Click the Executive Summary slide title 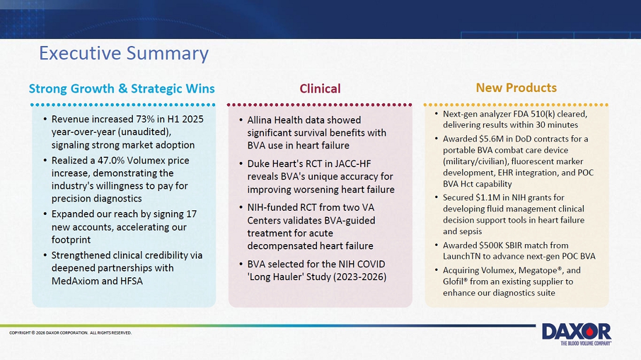tap(124, 54)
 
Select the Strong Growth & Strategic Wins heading tap(122, 89)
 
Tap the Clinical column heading tap(320, 89)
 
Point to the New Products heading tap(516, 88)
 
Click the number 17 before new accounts tap(191, 214)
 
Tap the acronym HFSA tap(132, 281)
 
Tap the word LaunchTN tap(460, 257)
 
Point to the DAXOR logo tap(576, 334)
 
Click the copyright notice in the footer tap(71, 333)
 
